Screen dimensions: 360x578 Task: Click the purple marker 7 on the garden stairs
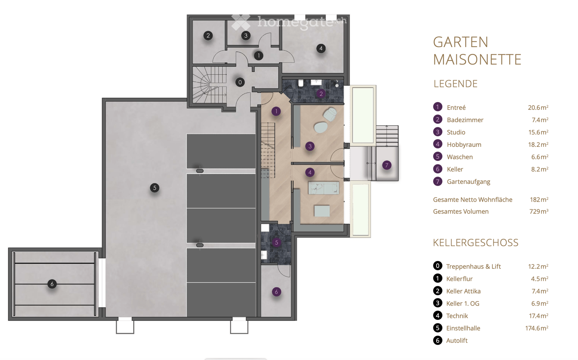point(386,165)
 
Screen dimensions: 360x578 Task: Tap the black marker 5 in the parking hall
point(155,188)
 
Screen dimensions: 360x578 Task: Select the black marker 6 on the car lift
point(52,284)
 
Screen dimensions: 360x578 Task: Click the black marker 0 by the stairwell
point(240,82)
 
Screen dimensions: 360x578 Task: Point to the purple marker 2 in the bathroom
point(321,94)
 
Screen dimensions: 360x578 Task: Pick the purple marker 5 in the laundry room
point(276,242)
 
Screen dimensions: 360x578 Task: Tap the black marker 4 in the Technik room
point(321,49)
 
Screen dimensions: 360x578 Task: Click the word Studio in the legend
point(456,132)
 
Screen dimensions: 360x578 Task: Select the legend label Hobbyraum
point(464,145)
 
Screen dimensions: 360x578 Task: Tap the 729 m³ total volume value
point(539,211)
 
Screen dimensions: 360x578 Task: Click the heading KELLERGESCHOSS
point(476,242)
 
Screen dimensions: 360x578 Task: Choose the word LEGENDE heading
point(455,84)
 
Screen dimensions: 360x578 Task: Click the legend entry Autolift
point(457,340)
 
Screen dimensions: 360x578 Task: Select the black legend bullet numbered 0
point(437,266)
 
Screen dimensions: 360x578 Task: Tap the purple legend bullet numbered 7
point(437,181)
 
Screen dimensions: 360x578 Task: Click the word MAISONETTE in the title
point(477,59)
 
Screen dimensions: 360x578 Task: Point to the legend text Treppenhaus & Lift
point(473,266)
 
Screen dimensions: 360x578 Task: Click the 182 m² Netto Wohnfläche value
point(539,200)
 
